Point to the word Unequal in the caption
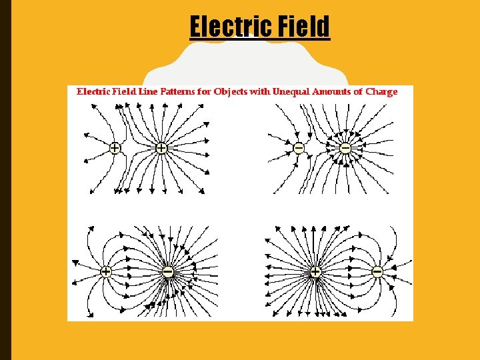tap(290, 92)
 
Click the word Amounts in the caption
tap(332, 92)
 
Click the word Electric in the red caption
tap(94, 92)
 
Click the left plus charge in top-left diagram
tap(115, 148)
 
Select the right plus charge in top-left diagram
tap(161, 148)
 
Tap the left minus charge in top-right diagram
tap(298, 147)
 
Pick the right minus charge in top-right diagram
tap(345, 148)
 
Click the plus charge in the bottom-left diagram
tap(105, 271)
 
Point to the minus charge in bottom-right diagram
tap(377, 271)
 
